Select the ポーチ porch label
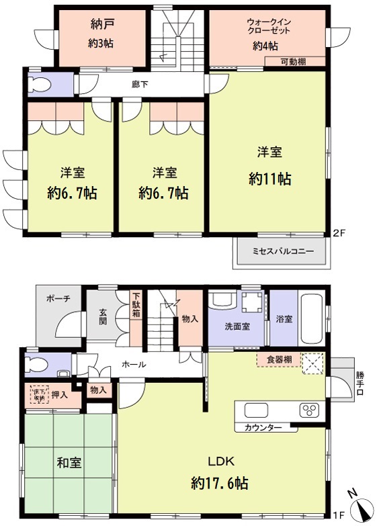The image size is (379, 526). [53, 300]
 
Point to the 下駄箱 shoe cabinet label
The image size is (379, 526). [136, 306]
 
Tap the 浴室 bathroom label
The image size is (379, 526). [284, 319]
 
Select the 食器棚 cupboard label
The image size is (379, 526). [278, 360]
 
